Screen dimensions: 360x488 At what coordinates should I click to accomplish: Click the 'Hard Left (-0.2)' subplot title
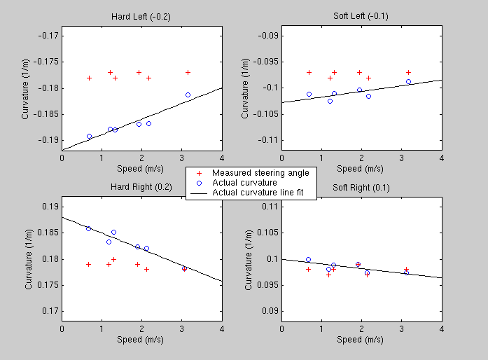(141, 16)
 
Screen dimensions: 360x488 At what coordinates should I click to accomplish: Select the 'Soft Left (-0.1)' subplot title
(361, 16)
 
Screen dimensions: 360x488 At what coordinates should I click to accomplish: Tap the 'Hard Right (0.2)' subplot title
(141, 187)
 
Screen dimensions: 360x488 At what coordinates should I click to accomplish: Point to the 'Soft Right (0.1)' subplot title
(361, 187)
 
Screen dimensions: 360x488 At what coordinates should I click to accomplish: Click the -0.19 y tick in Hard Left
(49, 140)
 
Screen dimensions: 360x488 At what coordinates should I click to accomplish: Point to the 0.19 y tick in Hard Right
(49, 207)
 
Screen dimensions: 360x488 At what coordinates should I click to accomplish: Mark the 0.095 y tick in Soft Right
(266, 285)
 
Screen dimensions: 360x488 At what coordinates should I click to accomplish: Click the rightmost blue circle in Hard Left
(188, 95)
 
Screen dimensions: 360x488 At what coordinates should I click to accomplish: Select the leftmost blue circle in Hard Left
(89, 136)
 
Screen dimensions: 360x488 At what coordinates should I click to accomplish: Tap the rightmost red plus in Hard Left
(188, 72)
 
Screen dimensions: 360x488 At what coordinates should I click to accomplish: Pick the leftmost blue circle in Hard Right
(88, 228)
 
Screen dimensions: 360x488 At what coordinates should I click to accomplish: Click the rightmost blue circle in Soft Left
(408, 81)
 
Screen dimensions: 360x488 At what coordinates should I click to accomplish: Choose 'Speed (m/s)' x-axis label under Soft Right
(361, 340)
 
